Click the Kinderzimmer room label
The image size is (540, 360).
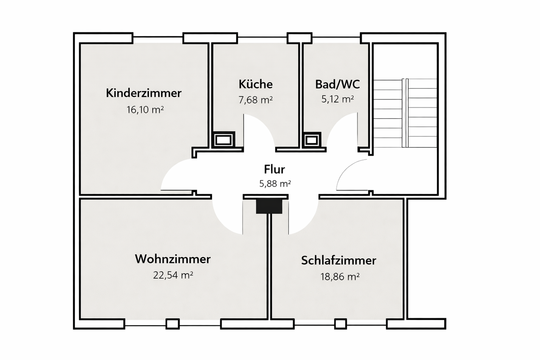tap(144, 93)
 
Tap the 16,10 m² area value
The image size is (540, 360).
tap(145, 110)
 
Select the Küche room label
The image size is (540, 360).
tap(255, 84)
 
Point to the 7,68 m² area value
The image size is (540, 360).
tap(255, 100)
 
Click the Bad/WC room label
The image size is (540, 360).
tap(337, 84)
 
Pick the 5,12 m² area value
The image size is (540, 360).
tap(337, 99)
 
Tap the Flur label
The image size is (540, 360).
tap(274, 169)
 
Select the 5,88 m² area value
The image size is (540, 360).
tap(275, 184)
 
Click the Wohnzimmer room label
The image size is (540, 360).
tap(172, 259)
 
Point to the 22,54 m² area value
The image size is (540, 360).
tap(173, 275)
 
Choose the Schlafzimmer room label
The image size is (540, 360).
tap(338, 260)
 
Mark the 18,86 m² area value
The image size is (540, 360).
tap(340, 277)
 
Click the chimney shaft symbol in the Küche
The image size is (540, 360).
tap(224, 140)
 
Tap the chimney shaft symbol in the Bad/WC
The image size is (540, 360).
tap(312, 140)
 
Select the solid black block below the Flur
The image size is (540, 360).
tap(269, 206)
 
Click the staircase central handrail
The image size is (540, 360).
tap(404, 112)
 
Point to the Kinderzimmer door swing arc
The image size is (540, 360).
tap(171, 171)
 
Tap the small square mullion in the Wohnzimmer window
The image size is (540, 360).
tap(172, 324)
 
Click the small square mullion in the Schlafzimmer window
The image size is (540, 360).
tap(340, 324)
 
